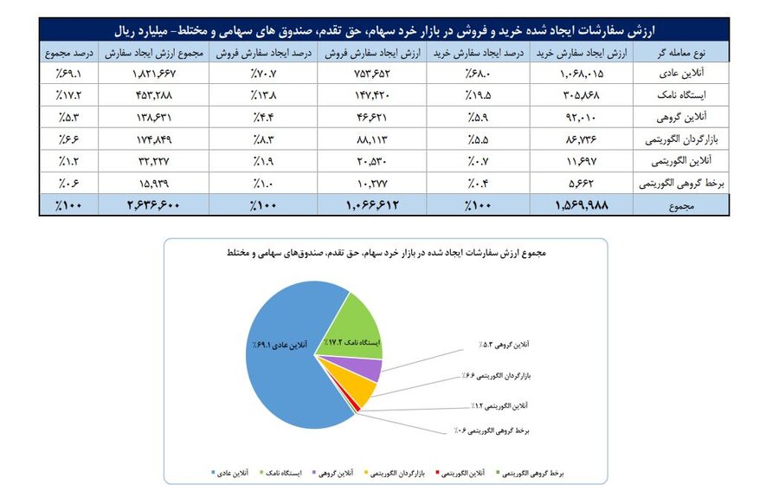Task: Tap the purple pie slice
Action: pyautogui.click(x=371, y=370)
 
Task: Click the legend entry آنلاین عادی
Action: pyautogui.click(x=230, y=474)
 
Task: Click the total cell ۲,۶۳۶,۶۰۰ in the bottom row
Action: pyautogui.click(x=144, y=205)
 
